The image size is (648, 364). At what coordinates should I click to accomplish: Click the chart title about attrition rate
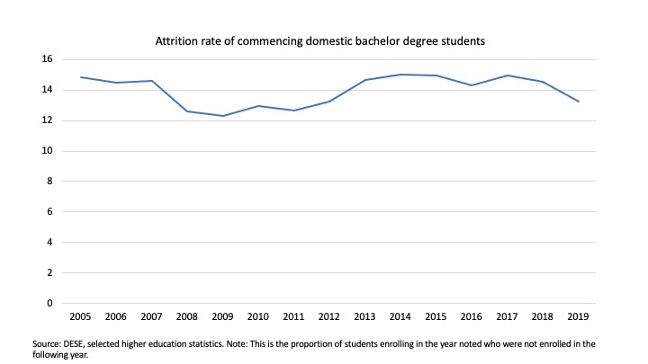click(x=323, y=40)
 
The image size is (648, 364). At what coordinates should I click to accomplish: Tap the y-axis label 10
click(x=47, y=151)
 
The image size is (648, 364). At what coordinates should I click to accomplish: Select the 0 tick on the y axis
click(x=49, y=303)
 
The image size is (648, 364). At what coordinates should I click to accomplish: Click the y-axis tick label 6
click(x=49, y=212)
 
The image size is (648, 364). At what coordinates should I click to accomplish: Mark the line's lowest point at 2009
click(x=222, y=116)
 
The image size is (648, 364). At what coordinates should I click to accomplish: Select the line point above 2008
click(x=187, y=111)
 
